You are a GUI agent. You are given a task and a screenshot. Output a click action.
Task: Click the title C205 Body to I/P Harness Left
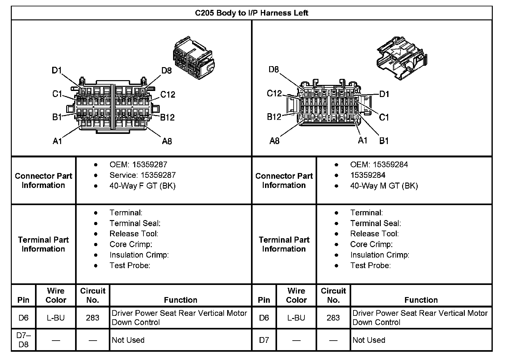[251, 13]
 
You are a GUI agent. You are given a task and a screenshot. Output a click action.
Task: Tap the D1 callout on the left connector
[57, 70]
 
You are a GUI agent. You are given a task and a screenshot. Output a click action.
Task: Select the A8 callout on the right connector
[274, 141]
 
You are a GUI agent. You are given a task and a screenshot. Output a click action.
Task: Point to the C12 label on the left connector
[168, 94]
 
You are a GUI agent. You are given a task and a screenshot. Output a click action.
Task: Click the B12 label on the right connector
[274, 117]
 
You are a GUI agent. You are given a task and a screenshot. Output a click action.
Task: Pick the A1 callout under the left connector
[57, 141]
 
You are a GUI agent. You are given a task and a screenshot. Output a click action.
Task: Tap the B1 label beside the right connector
[384, 141]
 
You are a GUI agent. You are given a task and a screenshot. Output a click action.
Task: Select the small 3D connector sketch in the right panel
[402, 57]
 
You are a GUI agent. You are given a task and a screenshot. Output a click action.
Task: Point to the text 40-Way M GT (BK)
[384, 186]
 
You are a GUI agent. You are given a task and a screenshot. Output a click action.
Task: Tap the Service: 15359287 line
[142, 175]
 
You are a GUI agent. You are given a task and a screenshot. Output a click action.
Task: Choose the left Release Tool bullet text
[134, 234]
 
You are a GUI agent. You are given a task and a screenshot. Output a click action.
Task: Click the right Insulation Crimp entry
[380, 255]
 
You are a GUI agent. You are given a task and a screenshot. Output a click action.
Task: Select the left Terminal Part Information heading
[43, 244]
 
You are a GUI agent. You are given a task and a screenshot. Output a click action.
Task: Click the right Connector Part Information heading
[284, 180]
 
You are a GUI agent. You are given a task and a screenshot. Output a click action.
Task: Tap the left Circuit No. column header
[93, 295]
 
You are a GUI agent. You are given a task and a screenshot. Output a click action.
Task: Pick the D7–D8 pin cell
[24, 340]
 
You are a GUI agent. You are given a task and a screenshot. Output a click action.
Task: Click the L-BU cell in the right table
[296, 318]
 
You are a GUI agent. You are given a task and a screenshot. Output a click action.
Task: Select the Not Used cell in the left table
[128, 340]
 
